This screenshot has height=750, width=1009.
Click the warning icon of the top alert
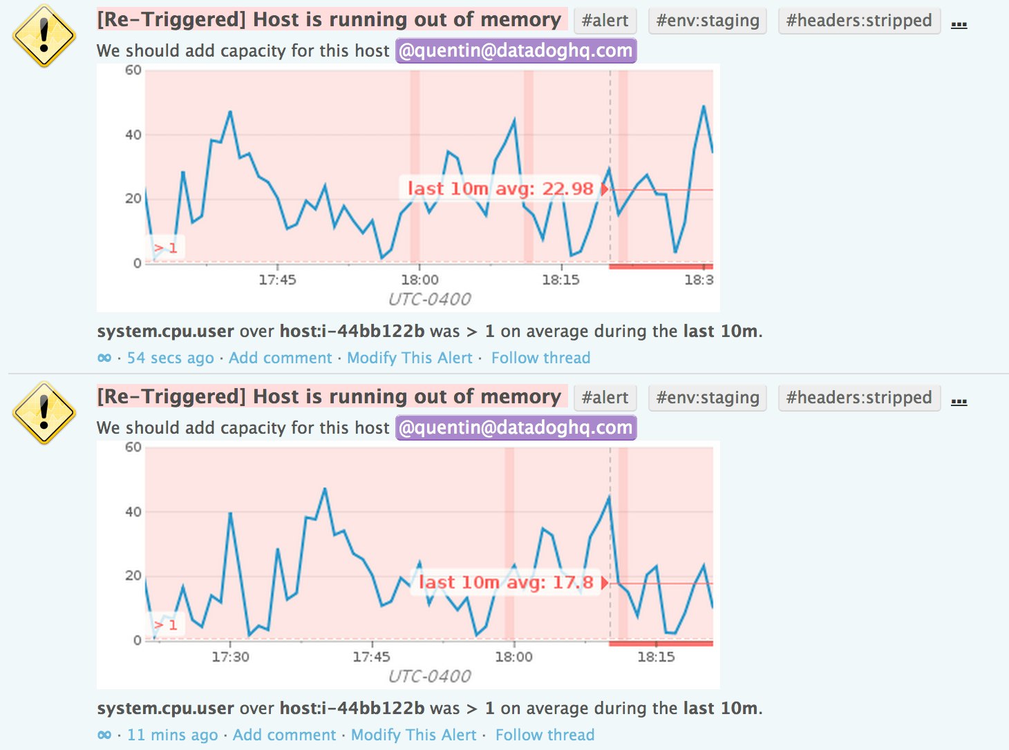tap(44, 36)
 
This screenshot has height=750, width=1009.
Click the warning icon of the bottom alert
tap(44, 413)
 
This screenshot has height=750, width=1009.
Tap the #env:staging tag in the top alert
tap(707, 21)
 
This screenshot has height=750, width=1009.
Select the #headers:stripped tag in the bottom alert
tap(859, 398)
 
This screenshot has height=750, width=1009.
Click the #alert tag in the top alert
tap(605, 21)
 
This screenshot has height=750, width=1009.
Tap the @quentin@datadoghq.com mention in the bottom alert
tap(516, 427)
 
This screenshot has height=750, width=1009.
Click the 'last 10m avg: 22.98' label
tap(500, 189)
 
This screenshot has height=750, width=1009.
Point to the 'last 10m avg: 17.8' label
tap(506, 582)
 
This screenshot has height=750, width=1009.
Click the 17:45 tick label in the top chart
tap(277, 280)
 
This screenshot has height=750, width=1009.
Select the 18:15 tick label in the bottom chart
tap(656, 657)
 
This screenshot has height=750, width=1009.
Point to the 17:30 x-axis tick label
tap(230, 657)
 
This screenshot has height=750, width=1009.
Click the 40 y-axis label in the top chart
tap(133, 135)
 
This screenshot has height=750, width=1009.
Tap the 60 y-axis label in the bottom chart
tap(133, 447)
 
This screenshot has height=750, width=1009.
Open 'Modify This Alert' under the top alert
tap(409, 358)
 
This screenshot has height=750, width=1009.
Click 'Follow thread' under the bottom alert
tap(545, 735)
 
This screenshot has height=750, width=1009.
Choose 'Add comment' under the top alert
tap(280, 358)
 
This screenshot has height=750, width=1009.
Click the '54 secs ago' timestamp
tap(170, 358)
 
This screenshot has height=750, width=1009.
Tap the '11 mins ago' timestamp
tap(172, 735)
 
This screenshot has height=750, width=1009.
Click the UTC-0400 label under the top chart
tap(429, 299)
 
